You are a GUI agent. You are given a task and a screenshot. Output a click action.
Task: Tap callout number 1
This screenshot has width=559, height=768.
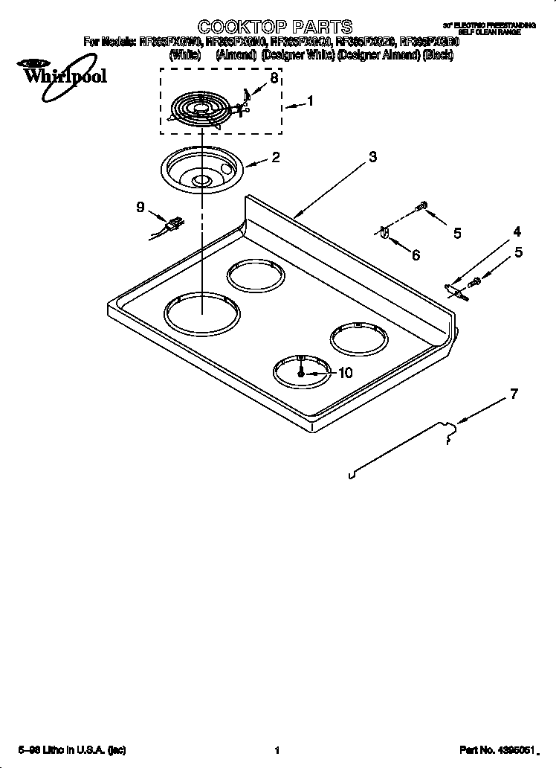tap(310, 103)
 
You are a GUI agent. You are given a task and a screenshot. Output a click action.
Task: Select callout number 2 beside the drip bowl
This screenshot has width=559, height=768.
tap(275, 157)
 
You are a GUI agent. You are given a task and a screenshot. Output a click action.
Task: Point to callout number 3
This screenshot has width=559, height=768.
tap(372, 157)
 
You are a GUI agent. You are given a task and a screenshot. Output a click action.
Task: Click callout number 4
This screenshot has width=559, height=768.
tap(517, 231)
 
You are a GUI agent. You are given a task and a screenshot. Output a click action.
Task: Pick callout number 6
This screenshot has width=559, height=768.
tap(416, 255)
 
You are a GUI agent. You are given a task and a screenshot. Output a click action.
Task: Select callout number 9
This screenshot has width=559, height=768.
tap(140, 208)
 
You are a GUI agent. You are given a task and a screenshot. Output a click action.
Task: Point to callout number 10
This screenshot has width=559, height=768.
tap(345, 374)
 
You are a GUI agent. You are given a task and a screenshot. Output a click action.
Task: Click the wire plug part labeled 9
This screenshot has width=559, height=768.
tap(173, 223)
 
